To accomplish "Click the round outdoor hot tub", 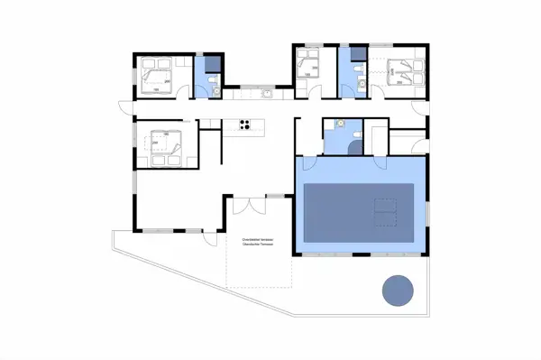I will [x=399, y=291].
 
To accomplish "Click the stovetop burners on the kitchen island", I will [x=243, y=125].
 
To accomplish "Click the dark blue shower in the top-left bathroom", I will [x=212, y=63].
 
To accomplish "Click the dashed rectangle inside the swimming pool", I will [x=385, y=211].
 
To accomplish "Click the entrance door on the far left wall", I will [x=126, y=108].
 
